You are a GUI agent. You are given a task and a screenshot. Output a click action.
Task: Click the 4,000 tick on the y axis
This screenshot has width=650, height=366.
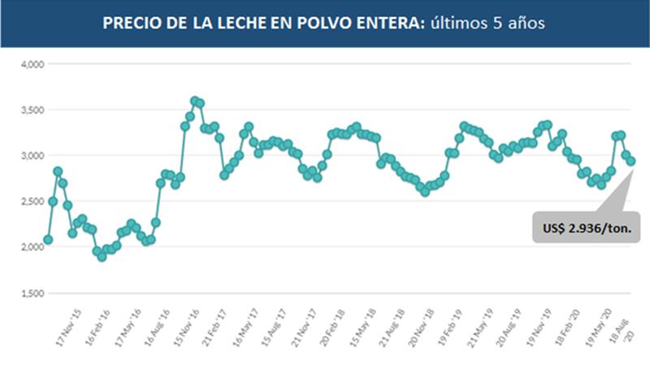pos(32,63)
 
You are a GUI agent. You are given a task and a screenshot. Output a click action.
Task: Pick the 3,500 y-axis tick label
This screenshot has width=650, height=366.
pos(32,109)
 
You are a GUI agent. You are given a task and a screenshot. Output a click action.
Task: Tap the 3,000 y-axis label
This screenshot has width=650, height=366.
pos(32,155)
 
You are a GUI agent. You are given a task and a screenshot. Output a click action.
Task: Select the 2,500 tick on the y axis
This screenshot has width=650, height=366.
pos(32,201)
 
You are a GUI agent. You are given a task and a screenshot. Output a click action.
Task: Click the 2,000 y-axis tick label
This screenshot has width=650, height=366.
pos(32,247)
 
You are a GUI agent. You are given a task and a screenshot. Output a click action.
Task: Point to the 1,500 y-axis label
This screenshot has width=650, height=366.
pos(32,293)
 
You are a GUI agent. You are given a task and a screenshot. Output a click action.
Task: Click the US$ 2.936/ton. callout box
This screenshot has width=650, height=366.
pos(586,227)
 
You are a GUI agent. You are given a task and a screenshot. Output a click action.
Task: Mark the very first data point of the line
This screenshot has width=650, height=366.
pos(48,240)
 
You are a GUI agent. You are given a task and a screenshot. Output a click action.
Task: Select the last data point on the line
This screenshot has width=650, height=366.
pos(630,161)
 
